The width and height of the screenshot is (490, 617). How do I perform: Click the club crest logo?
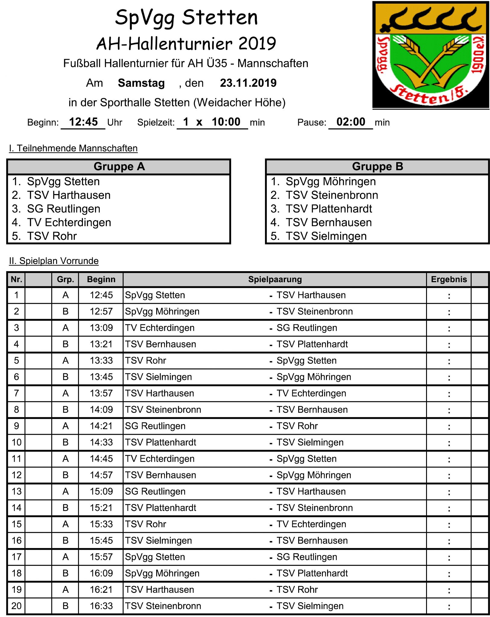[430, 55]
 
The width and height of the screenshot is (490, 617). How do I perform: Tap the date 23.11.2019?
[248, 83]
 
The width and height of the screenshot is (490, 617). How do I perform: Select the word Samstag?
[141, 83]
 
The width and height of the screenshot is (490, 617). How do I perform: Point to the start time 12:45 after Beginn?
[83, 122]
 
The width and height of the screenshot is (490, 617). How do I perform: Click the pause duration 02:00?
[351, 122]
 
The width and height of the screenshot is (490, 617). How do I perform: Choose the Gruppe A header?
[119, 167]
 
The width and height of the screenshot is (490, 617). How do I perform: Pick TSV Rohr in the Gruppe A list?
[52, 236]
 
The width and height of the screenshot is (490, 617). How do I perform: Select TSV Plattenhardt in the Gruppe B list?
[329, 209]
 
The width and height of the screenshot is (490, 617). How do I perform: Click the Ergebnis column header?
[449, 280]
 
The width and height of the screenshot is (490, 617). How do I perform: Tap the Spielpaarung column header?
[275, 280]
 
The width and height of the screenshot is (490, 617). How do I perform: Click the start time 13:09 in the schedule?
[101, 328]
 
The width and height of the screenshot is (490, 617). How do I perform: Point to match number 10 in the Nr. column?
[17, 442]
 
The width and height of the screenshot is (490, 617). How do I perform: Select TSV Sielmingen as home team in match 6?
[158, 377]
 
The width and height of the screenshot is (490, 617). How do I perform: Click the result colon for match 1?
[449, 296]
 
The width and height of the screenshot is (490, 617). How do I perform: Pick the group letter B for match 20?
[65, 606]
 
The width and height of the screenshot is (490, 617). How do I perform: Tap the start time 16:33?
[101, 606]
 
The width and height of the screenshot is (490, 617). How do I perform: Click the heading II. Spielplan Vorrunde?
[54, 261]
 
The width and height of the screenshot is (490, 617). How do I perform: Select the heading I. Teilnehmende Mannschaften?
[73, 148]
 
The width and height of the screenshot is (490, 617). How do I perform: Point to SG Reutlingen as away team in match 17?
[307, 557]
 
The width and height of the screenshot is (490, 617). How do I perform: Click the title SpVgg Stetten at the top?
[186, 17]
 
